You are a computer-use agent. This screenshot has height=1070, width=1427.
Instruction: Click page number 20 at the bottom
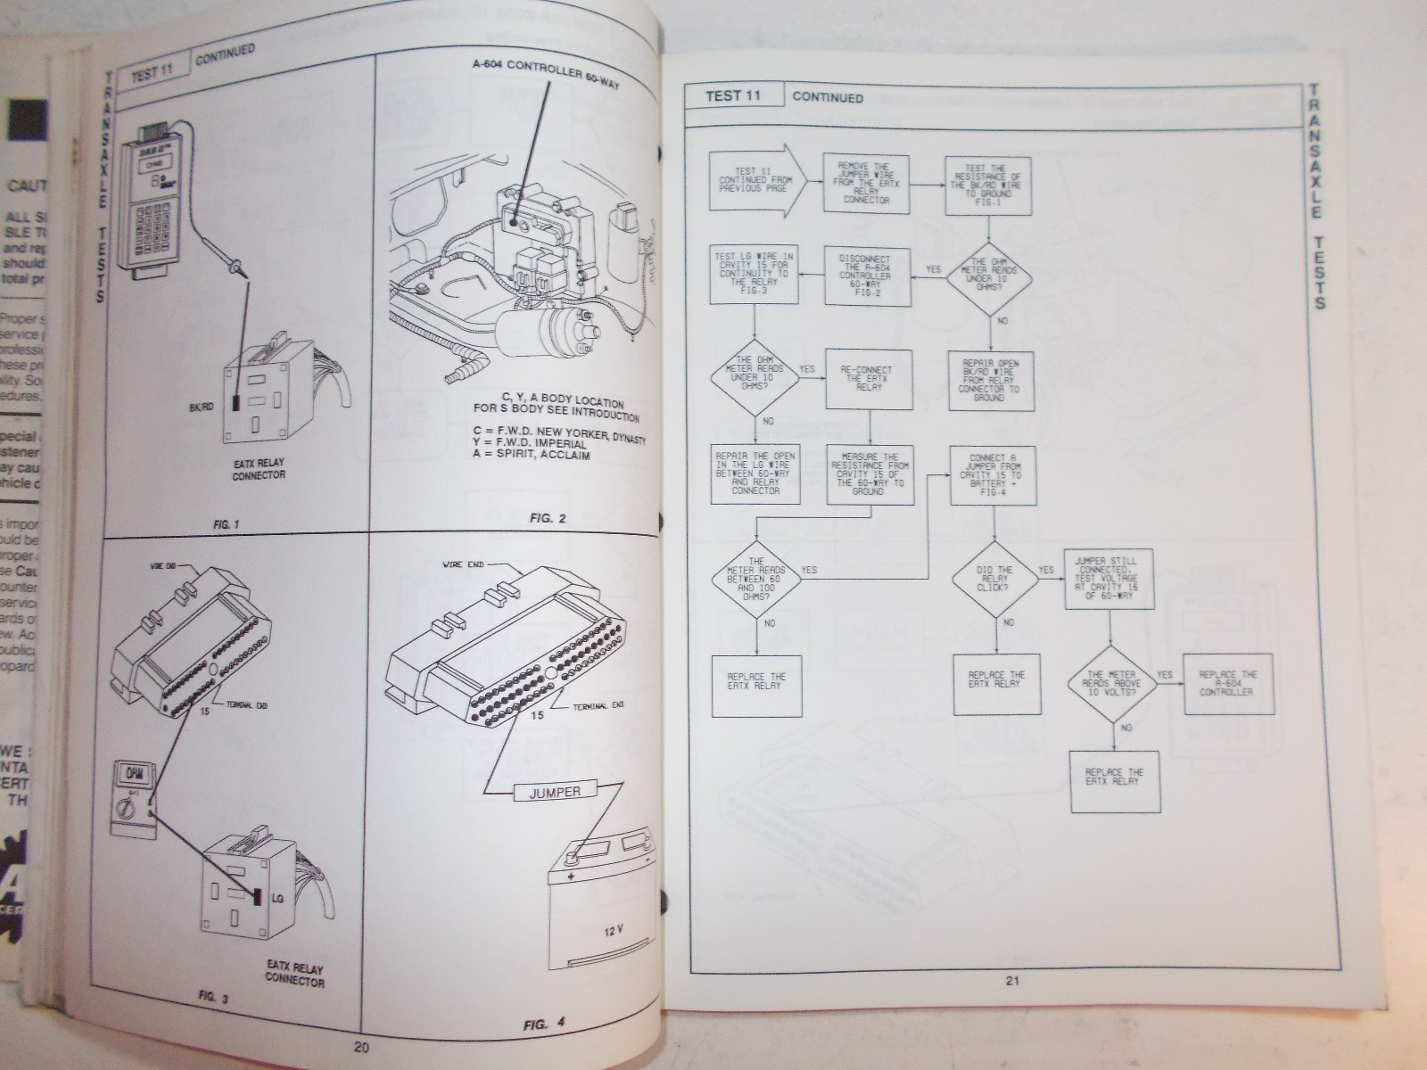coord(361,1049)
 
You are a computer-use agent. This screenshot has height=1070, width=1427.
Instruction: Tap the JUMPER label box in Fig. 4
coord(555,791)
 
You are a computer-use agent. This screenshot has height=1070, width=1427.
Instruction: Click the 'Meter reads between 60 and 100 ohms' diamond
coord(755,578)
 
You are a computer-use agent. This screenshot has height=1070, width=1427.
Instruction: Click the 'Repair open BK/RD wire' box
coord(990,380)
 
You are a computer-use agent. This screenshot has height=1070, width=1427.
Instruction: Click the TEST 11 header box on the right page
coord(734,95)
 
